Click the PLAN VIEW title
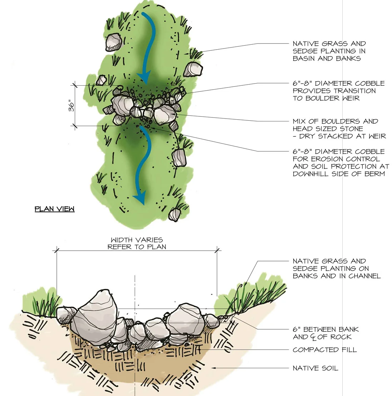click(54, 209)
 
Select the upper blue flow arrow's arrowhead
click(144, 77)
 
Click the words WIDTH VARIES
click(137, 240)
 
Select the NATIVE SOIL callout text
click(315, 368)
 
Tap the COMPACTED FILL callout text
click(324, 350)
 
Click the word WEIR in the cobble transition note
click(351, 98)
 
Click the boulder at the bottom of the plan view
click(175, 214)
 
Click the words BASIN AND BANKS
click(327, 59)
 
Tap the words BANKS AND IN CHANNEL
click(337, 276)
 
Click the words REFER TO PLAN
click(137, 247)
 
